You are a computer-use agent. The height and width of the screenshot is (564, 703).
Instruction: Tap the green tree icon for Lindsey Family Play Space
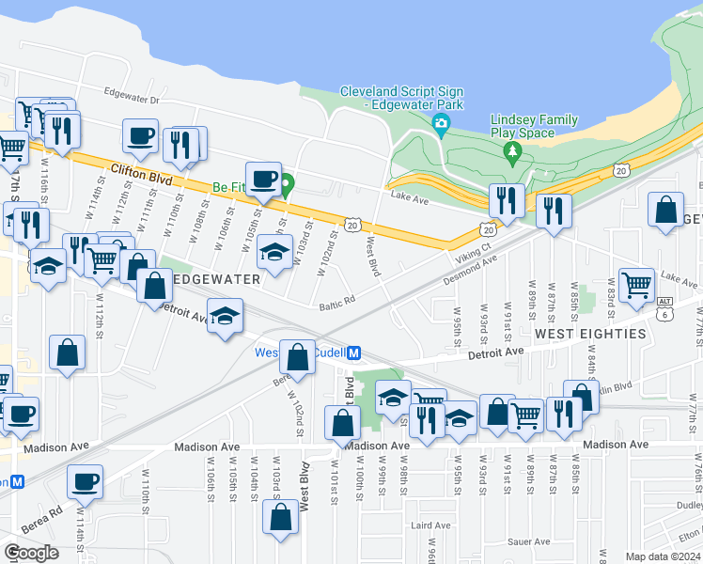[512, 151]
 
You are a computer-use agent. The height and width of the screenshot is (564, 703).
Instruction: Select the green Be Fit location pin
[287, 185]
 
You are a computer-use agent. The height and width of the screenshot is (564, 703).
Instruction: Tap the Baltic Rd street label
[336, 302]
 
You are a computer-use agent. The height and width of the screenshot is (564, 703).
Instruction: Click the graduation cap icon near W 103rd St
[273, 252]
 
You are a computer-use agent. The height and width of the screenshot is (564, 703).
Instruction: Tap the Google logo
[31, 553]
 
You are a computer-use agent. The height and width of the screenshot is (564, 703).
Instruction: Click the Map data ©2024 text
[662, 557]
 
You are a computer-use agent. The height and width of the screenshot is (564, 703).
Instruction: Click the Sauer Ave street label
[528, 542]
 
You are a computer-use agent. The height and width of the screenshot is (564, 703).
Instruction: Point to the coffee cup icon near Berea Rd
[85, 481]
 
